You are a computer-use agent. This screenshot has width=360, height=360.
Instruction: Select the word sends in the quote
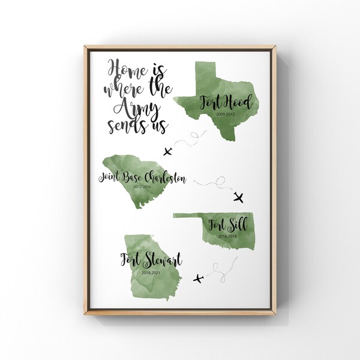125,125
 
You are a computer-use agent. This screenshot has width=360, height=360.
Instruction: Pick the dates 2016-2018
227,236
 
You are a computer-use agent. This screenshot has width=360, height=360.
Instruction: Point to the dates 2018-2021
151,273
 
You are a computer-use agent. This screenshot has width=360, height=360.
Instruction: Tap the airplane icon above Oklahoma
239,197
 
